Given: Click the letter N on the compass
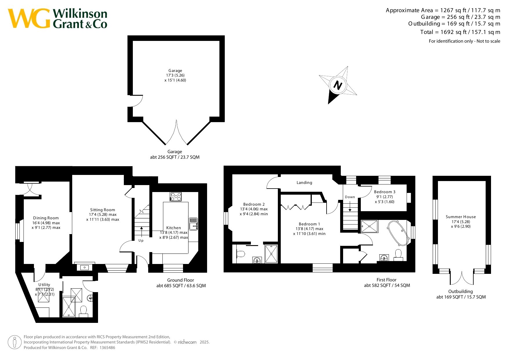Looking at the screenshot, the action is coord(338,85).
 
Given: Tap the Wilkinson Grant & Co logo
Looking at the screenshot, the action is coord(57,19).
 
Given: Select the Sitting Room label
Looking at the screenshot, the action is coord(103,210).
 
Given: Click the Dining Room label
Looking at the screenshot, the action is coord(46,218).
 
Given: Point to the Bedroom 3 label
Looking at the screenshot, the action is coord(385,192).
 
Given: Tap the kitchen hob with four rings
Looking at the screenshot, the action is coord(175,196).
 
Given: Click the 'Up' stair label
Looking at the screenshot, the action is coord(141,240).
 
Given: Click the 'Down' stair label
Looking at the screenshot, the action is coord(350,197).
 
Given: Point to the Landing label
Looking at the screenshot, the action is coord(304,182).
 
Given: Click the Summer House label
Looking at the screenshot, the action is coord(461,217).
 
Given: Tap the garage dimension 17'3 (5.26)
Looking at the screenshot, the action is coord(175,75).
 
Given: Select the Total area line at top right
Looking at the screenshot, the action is coord(460,32).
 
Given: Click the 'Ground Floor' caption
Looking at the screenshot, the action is coord(180,280).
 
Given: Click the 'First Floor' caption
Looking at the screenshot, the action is coord(386,280).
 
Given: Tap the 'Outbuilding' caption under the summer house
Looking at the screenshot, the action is coord(461,292).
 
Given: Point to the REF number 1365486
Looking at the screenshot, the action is coord(107,348).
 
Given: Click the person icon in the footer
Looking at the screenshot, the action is coord(15,342).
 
